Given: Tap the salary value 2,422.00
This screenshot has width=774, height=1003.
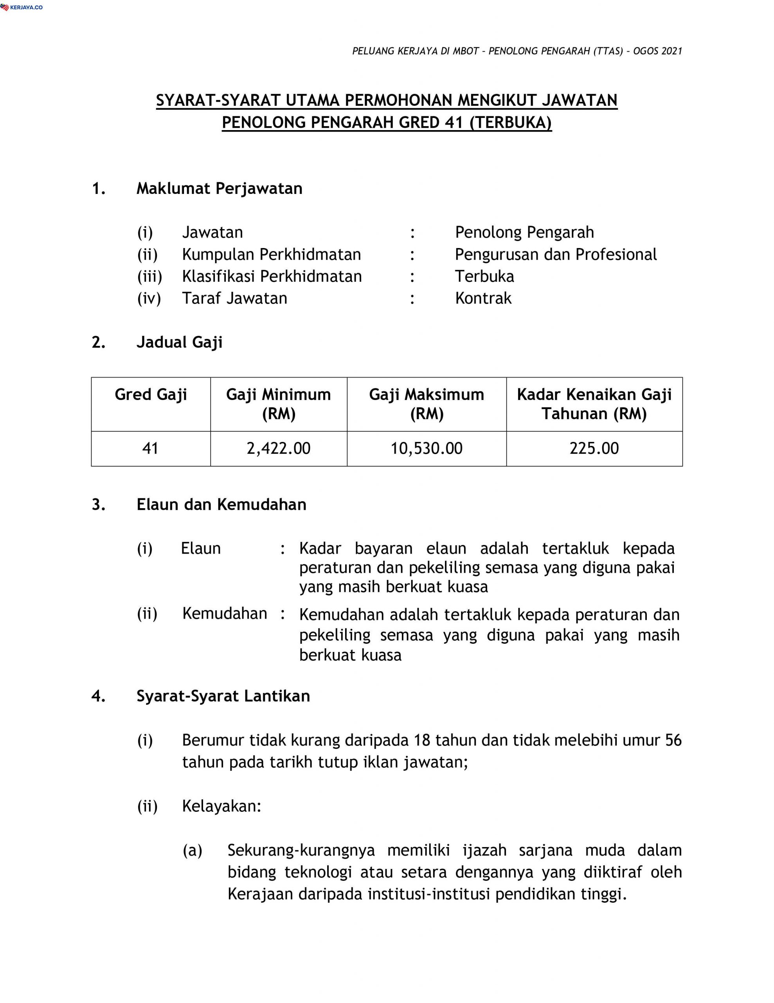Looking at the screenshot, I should pyautogui.click(x=279, y=448).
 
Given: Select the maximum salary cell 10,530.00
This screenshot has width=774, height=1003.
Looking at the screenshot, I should pyautogui.click(x=426, y=448).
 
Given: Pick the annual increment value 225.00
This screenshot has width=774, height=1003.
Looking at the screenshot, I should pyautogui.click(x=594, y=448).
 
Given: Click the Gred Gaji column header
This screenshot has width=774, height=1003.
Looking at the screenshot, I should pyautogui.click(x=151, y=395).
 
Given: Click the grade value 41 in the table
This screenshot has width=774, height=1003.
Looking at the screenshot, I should pyautogui.click(x=151, y=448).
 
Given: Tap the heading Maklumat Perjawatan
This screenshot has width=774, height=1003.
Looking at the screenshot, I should pyautogui.click(x=219, y=188).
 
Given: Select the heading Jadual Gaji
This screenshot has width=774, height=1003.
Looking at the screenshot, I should pyautogui.click(x=179, y=342).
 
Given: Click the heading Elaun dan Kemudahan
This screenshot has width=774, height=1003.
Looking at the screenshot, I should pyautogui.click(x=221, y=504).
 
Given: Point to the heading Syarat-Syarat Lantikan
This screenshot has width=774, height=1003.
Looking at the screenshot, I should pyautogui.click(x=223, y=696).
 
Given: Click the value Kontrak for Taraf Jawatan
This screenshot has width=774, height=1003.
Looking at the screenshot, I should pyautogui.click(x=483, y=298).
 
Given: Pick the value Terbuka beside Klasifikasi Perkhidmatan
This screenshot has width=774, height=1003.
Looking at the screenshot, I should pyautogui.click(x=484, y=276).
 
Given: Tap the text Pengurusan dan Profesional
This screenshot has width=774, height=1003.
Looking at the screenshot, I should pyautogui.click(x=556, y=254).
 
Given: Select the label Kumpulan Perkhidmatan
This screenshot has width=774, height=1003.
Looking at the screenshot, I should pyautogui.click(x=272, y=254).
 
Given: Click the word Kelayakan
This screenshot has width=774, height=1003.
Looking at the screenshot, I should pyautogui.click(x=221, y=806).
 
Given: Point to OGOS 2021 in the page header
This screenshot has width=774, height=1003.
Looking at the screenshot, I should pyautogui.click(x=657, y=51).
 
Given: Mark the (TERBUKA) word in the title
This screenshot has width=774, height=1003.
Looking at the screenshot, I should pyautogui.click(x=511, y=123).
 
